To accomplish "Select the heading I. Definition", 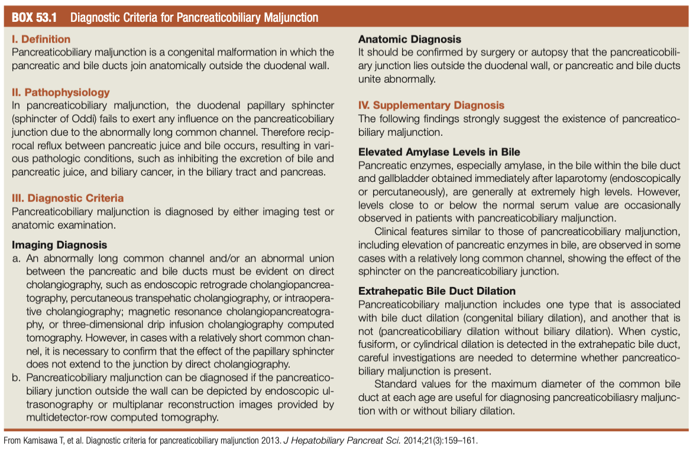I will click(x=41, y=39).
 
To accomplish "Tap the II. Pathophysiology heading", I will click(x=61, y=92).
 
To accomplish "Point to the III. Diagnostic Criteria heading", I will click(x=68, y=198).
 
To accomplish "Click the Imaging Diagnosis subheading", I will click(x=60, y=245).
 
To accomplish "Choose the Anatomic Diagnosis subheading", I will click(x=410, y=39).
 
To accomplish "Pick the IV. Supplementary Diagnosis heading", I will click(x=431, y=105).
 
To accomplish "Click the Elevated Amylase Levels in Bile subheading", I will click(x=439, y=152).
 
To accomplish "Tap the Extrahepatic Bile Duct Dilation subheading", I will click(x=437, y=291).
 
